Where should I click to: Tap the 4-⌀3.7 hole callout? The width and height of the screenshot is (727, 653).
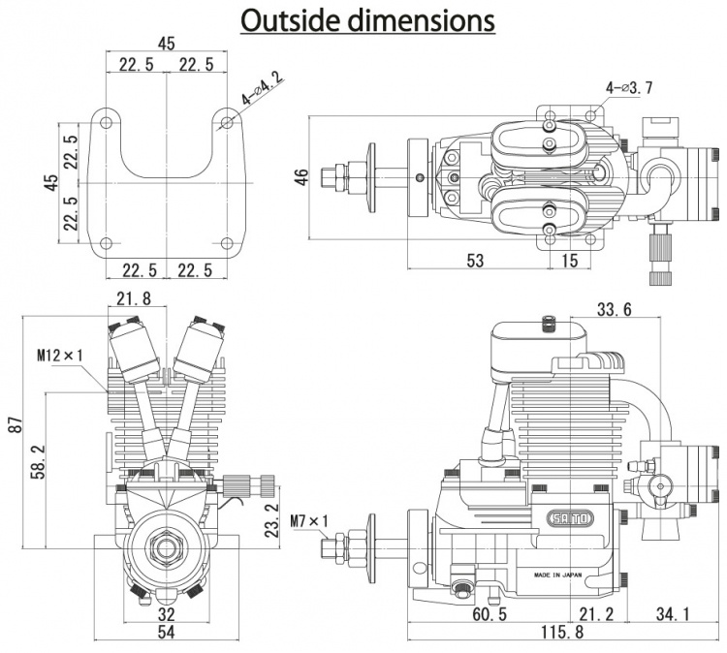[x=628, y=88]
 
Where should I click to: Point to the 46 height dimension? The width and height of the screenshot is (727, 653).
[x=301, y=177]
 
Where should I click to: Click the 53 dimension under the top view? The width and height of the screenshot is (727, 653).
[x=475, y=261]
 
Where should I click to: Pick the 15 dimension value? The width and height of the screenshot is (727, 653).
[x=569, y=261]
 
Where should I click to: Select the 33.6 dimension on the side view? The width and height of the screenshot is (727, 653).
[x=614, y=309]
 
